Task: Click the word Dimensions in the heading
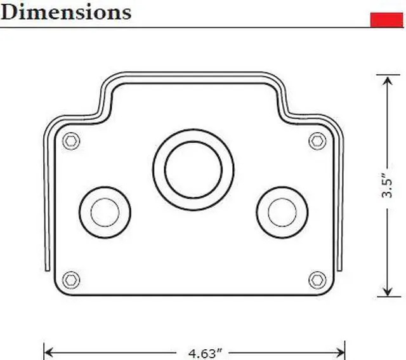[x=66, y=11]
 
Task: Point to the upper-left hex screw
[x=72, y=140]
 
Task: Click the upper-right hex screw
[x=317, y=140]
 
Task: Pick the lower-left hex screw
[x=72, y=279]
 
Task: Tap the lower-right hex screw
[x=317, y=279]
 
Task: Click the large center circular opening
[x=193, y=170]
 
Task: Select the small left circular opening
[x=105, y=212]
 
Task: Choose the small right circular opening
[x=282, y=212]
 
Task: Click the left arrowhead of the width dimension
[x=48, y=351]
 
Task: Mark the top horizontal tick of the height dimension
[x=388, y=75]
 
